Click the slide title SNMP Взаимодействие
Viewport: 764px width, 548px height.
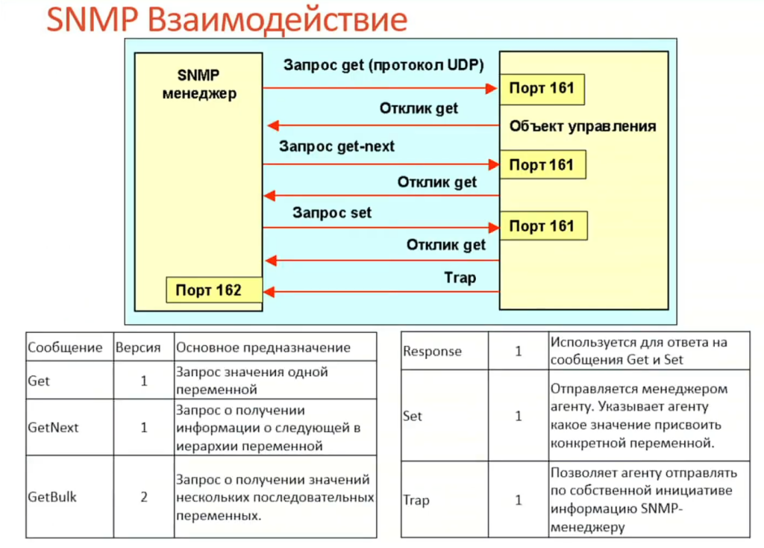tap(227, 20)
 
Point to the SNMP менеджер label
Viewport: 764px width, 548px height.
tap(198, 84)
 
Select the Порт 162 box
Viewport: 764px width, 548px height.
tap(213, 290)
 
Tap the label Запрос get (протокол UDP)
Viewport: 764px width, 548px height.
tap(383, 65)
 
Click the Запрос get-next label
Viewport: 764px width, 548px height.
tap(336, 146)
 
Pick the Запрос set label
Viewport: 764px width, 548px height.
tap(332, 213)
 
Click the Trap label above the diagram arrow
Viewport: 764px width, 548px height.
tap(460, 278)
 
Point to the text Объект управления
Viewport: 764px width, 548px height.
tap(583, 126)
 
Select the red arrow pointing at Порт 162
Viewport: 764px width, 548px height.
tap(381, 291)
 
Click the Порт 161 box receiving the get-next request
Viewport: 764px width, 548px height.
tap(542, 164)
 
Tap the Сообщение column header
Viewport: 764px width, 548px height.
tap(65, 348)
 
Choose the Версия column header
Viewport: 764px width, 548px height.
tap(139, 348)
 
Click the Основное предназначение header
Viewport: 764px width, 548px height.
tap(263, 348)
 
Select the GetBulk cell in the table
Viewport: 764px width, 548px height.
tap(52, 496)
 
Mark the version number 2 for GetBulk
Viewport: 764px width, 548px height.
tap(144, 496)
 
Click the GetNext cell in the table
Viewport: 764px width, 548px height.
tap(53, 428)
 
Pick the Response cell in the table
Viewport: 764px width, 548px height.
tap(432, 351)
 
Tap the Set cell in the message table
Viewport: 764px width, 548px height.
tap(413, 416)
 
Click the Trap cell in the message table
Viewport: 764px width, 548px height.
tap(416, 499)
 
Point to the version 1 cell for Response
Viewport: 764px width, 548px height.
tap(519, 351)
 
